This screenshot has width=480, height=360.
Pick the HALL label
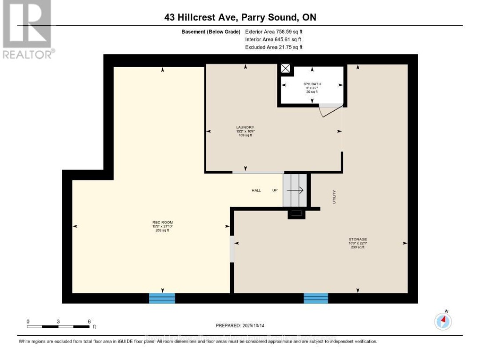(x=256, y=190)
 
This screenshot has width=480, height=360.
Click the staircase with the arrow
(x=296, y=190)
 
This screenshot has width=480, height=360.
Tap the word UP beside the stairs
(x=275, y=190)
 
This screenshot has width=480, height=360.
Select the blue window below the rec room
(x=162, y=298)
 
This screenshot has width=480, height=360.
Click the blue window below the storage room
(x=316, y=298)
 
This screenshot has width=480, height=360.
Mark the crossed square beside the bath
(x=285, y=70)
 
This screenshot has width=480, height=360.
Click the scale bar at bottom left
(x=58, y=326)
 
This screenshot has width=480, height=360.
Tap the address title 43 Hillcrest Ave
(x=240, y=17)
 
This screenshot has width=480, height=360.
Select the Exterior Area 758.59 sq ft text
(x=274, y=32)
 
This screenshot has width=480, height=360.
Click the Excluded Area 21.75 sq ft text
(x=274, y=47)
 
